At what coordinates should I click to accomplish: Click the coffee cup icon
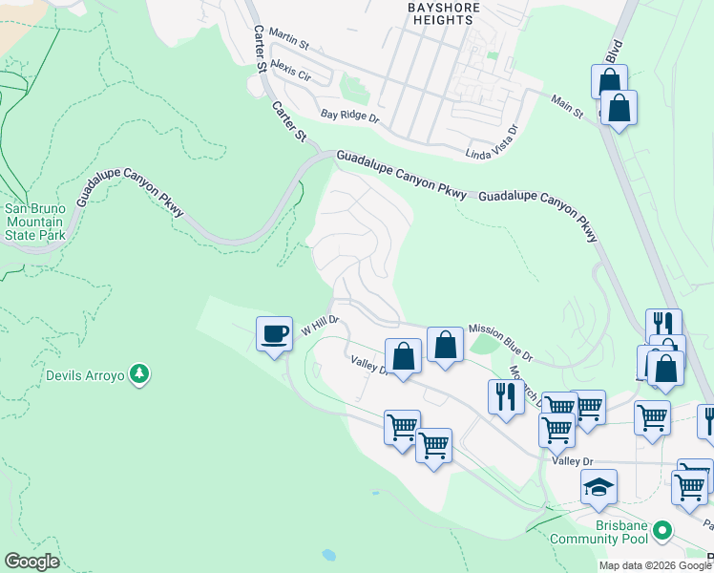coord(274,334)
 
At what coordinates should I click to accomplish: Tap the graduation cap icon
coord(598,487)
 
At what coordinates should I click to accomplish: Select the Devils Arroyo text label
coord(86,376)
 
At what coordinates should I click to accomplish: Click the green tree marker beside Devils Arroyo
coord(139,372)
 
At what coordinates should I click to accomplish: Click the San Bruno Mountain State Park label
coord(35,222)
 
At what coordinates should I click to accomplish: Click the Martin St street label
coord(289,38)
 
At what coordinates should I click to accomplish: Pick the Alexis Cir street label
coord(291,68)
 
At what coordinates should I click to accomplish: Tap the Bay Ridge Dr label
coord(350,116)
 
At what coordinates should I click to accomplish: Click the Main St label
coord(567,106)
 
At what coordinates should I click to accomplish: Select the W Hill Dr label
coord(321,325)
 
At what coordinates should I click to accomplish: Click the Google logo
coord(31,562)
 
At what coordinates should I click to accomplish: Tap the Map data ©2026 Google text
coord(654,565)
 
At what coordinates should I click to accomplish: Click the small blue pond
coord(329,554)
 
